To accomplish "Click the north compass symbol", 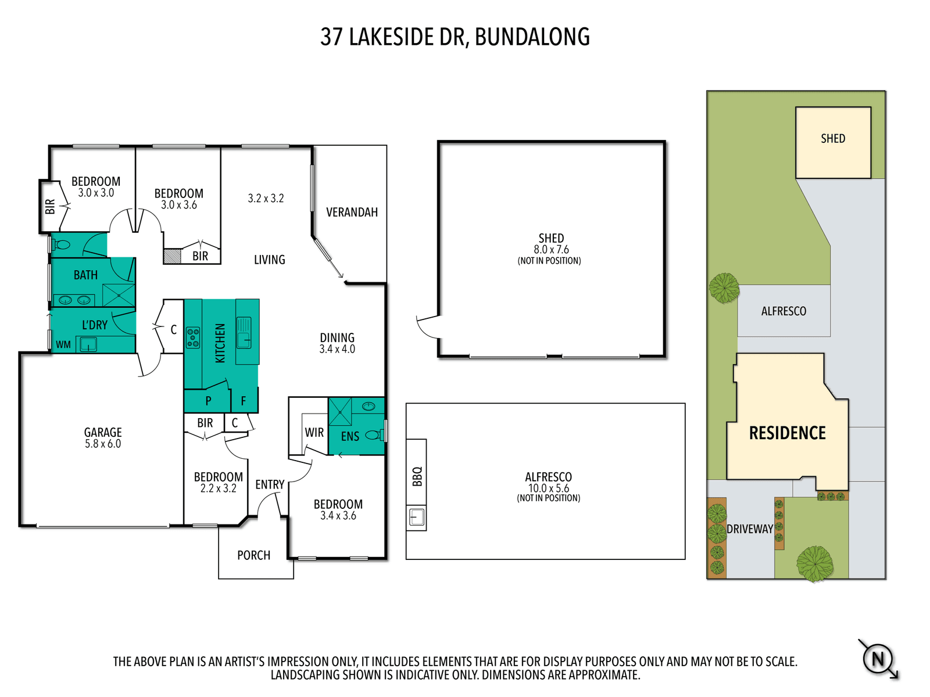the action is click(878, 659).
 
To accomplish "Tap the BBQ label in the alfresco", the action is click(417, 476).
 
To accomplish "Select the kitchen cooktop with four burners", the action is click(193, 337).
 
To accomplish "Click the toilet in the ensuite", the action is click(374, 434).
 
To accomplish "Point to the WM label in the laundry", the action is click(63, 344).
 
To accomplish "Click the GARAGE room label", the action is click(103, 432).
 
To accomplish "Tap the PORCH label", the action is click(253, 555).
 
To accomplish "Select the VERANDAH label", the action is click(352, 212).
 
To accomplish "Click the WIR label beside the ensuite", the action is click(314, 432).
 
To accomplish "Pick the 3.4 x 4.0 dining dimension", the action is click(337, 349).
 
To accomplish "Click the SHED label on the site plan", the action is click(832, 138).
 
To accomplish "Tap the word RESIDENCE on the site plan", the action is click(787, 433).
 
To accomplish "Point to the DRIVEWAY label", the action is click(749, 529).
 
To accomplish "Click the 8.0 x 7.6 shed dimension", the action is click(551, 250).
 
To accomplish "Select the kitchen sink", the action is click(244, 333).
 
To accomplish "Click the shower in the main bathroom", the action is click(119, 294).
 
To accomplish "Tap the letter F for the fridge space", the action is click(243, 401).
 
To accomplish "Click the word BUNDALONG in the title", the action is click(532, 37).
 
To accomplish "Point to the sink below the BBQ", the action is click(417, 518).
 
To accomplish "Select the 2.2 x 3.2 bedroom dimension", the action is click(218, 488).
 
